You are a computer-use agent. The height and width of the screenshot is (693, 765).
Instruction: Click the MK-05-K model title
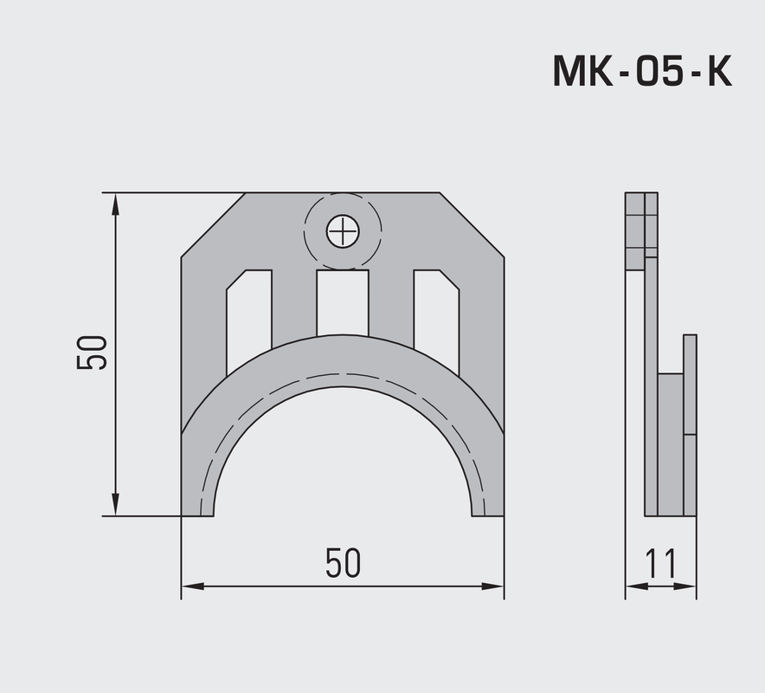(x=642, y=73)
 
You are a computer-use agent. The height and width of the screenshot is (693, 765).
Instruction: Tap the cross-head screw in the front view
(x=343, y=231)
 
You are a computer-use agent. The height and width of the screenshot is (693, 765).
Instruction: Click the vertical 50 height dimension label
(x=92, y=353)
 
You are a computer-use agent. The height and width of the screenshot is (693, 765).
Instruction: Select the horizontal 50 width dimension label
(x=343, y=563)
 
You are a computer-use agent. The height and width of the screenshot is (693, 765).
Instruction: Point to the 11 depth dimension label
(x=660, y=564)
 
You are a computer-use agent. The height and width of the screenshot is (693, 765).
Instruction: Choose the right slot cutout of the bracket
(x=436, y=316)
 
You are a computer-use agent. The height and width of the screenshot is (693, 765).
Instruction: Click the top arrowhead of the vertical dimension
(x=115, y=201)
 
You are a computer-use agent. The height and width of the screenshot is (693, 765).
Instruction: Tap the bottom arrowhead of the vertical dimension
(x=115, y=507)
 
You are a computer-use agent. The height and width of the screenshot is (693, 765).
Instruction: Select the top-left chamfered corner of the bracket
(x=212, y=224)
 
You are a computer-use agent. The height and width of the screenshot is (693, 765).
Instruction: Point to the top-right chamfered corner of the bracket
(x=472, y=224)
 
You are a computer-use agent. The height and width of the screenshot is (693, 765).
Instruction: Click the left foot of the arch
(x=197, y=507)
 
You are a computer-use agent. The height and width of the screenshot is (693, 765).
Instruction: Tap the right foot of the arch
(x=487, y=507)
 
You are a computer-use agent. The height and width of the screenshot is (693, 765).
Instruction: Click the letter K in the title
(x=717, y=73)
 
